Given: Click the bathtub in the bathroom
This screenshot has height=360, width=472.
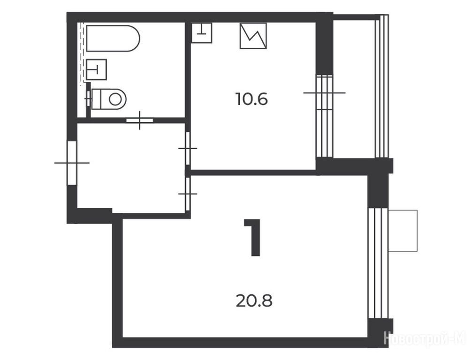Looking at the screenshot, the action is click(x=113, y=38).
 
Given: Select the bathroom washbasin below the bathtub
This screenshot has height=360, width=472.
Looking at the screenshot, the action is click(x=96, y=69).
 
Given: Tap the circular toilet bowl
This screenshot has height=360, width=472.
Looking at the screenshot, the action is click(x=115, y=98).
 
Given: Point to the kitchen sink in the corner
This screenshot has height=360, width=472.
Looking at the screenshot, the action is click(x=202, y=33).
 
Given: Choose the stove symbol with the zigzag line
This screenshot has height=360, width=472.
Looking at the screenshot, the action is click(x=253, y=36).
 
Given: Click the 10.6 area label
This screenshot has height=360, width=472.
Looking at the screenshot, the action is click(x=252, y=99).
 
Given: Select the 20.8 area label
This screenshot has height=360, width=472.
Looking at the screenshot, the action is click(x=254, y=300).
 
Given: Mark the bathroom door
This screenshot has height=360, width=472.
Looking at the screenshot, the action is click(x=140, y=120).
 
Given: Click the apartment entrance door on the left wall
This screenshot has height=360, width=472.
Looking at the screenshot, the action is click(x=72, y=163).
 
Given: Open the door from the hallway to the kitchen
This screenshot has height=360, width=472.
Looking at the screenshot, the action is click(x=188, y=148).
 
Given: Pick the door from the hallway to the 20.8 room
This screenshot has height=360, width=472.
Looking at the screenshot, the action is click(x=188, y=194).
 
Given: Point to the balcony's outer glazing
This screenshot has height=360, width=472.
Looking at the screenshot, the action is click(x=382, y=86).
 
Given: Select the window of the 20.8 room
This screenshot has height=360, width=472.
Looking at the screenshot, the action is click(x=378, y=263).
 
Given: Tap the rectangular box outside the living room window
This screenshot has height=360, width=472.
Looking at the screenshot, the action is click(x=403, y=231).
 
